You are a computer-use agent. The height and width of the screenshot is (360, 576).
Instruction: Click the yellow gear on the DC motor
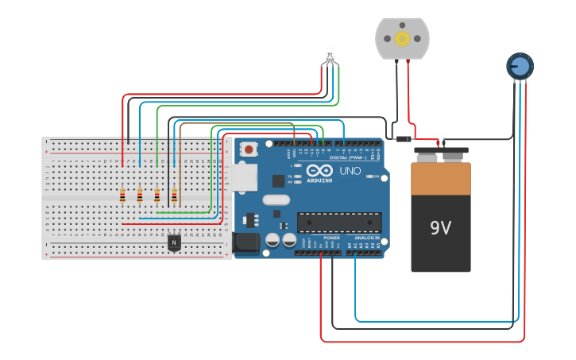click(402, 38)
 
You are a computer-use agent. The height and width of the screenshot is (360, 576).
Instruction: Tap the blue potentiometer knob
click(520, 66)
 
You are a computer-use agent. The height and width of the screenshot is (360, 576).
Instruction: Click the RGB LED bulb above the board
click(331, 55)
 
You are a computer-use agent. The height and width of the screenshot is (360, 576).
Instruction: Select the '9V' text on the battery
click(441, 228)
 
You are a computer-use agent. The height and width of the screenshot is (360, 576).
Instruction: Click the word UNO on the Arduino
click(350, 171)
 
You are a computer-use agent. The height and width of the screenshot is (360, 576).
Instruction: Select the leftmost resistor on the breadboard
click(122, 195)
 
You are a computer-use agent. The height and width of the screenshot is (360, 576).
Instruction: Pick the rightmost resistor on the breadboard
click(174, 195)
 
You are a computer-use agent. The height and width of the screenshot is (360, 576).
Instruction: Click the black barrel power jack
click(246, 242)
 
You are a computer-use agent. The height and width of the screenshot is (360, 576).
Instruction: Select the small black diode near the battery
click(404, 140)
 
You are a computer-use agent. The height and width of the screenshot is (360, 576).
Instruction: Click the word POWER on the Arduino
click(332, 238)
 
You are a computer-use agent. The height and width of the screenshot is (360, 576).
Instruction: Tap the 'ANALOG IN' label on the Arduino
click(366, 238)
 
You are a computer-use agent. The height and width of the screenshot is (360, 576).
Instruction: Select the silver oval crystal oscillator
click(275, 200)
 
